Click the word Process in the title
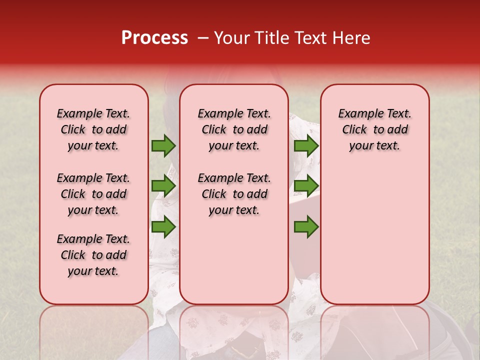[x=154, y=38]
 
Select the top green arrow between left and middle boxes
[x=163, y=146]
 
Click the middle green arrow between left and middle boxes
[x=163, y=186]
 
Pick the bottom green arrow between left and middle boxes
[x=163, y=227]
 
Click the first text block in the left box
[x=93, y=129]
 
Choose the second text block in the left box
[x=93, y=194]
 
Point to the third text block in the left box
[x=93, y=255]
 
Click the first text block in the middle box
[x=234, y=129]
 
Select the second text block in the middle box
[x=234, y=194]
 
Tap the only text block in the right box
[x=374, y=129]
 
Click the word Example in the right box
[x=357, y=114]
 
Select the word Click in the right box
[x=354, y=130]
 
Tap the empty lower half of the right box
[x=374, y=240]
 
